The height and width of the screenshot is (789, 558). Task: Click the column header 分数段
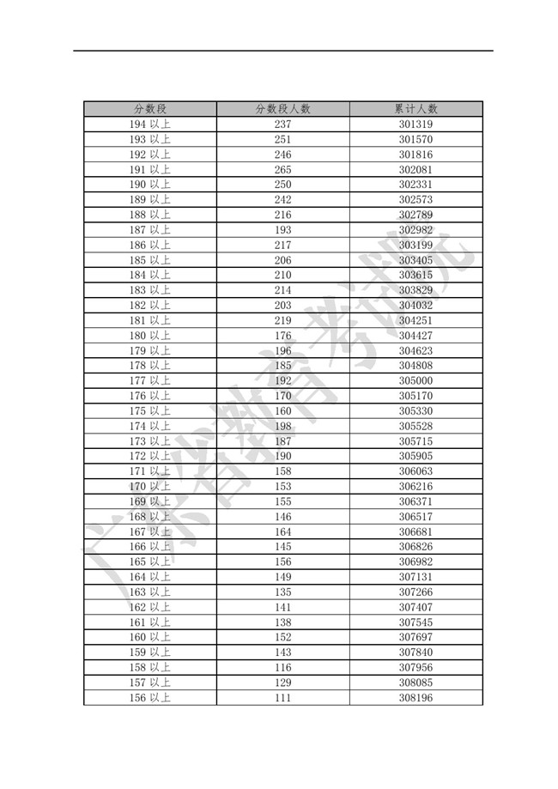pyautogui.click(x=149, y=109)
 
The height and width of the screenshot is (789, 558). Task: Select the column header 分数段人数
pyautogui.click(x=283, y=109)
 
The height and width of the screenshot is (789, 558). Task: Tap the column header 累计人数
pyautogui.click(x=415, y=109)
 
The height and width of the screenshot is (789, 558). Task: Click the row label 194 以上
pyautogui.click(x=149, y=124)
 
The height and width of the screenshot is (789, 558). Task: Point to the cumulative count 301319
pyautogui.click(x=415, y=124)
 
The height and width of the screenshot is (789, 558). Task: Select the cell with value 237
pyautogui.click(x=283, y=124)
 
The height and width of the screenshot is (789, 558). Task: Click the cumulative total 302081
pyautogui.click(x=415, y=170)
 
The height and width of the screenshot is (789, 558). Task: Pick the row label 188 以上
pyautogui.click(x=149, y=215)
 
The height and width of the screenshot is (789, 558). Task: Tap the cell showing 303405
pyautogui.click(x=415, y=260)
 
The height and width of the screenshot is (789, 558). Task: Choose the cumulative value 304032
pyautogui.click(x=415, y=305)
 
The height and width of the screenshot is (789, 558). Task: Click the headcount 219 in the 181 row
pyautogui.click(x=283, y=320)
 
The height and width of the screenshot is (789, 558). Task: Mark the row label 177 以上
pyautogui.click(x=149, y=380)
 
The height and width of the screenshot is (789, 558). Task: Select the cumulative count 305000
pyautogui.click(x=415, y=380)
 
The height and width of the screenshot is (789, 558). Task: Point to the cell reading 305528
pyautogui.click(x=415, y=426)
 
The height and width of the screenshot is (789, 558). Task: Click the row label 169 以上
pyautogui.click(x=149, y=501)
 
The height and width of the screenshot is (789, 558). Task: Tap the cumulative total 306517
pyautogui.click(x=415, y=516)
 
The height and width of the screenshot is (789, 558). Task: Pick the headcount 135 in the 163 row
pyautogui.click(x=283, y=592)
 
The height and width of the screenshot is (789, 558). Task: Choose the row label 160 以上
pyautogui.click(x=149, y=637)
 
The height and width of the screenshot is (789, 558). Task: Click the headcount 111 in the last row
pyautogui.click(x=283, y=697)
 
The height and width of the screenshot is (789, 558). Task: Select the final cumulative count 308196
pyautogui.click(x=415, y=697)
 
